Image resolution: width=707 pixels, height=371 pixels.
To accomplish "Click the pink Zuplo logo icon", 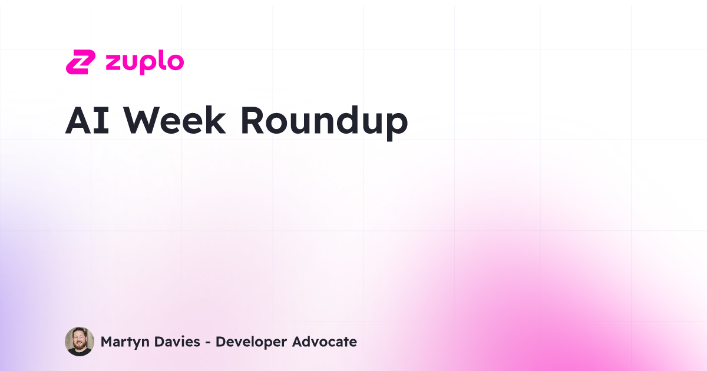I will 80,62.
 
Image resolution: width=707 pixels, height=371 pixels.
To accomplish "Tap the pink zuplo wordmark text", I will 144,62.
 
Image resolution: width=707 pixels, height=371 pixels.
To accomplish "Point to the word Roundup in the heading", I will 323,121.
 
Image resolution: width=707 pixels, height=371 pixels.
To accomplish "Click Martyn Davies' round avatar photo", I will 80,342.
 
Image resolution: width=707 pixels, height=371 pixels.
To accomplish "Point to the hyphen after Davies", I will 207,342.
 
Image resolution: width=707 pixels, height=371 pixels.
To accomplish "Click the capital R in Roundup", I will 253,121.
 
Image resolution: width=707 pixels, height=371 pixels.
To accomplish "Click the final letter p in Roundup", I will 397,125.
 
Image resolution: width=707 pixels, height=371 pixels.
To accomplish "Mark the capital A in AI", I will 79,121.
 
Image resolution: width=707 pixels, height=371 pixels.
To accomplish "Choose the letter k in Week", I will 215,121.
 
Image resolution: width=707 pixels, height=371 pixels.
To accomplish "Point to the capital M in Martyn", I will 107,342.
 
